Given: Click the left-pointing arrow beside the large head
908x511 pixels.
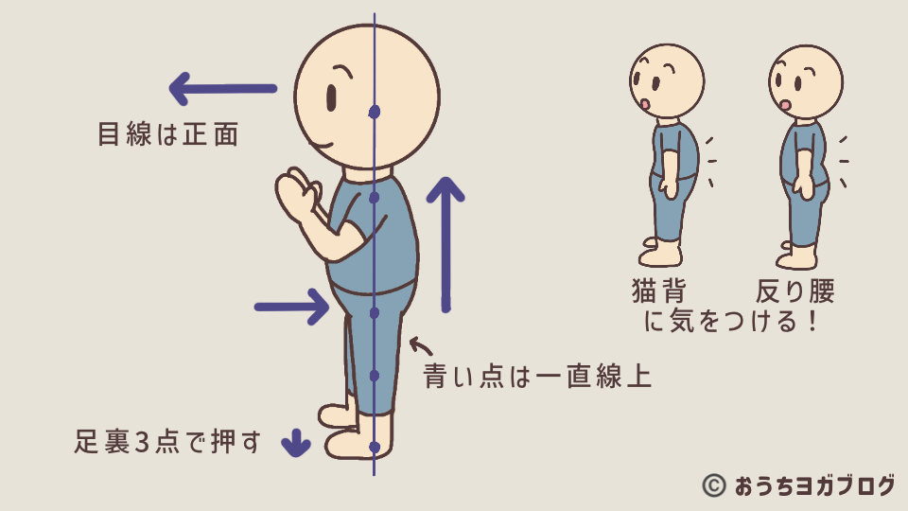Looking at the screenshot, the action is pyautogui.click(x=223, y=89).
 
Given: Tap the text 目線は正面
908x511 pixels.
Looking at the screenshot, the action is pyautogui.click(x=168, y=133).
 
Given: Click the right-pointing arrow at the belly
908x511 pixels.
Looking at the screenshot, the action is pyautogui.click(x=292, y=307).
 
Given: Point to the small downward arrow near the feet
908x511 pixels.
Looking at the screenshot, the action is pyautogui.click(x=296, y=443).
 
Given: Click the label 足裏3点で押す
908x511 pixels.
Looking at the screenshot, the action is pyautogui.click(x=167, y=442).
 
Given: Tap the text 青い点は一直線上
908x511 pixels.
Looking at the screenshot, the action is pyautogui.click(x=537, y=376).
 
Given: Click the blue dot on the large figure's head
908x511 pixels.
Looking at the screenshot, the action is pyautogui.click(x=375, y=112).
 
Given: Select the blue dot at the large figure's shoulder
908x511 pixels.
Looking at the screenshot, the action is pyautogui.click(x=375, y=198).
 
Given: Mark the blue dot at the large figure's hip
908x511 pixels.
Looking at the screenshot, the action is pyautogui.click(x=375, y=313).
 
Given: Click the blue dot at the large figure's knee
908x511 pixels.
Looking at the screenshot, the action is pyautogui.click(x=375, y=376).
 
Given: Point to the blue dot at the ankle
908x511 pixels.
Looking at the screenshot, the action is pyautogui.click(x=375, y=448).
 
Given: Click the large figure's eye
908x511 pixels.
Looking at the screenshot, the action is pyautogui.click(x=331, y=98).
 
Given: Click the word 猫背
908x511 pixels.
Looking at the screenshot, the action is pyautogui.click(x=659, y=291).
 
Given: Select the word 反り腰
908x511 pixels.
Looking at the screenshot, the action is pyautogui.click(x=795, y=291).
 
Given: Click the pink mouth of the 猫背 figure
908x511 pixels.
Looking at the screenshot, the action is pyautogui.click(x=644, y=104).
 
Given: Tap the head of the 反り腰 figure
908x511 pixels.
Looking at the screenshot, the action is pyautogui.click(x=806, y=81).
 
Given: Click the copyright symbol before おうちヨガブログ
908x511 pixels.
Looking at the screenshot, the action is pyautogui.click(x=714, y=485).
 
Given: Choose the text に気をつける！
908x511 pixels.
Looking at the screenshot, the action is pyautogui.click(x=731, y=321).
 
